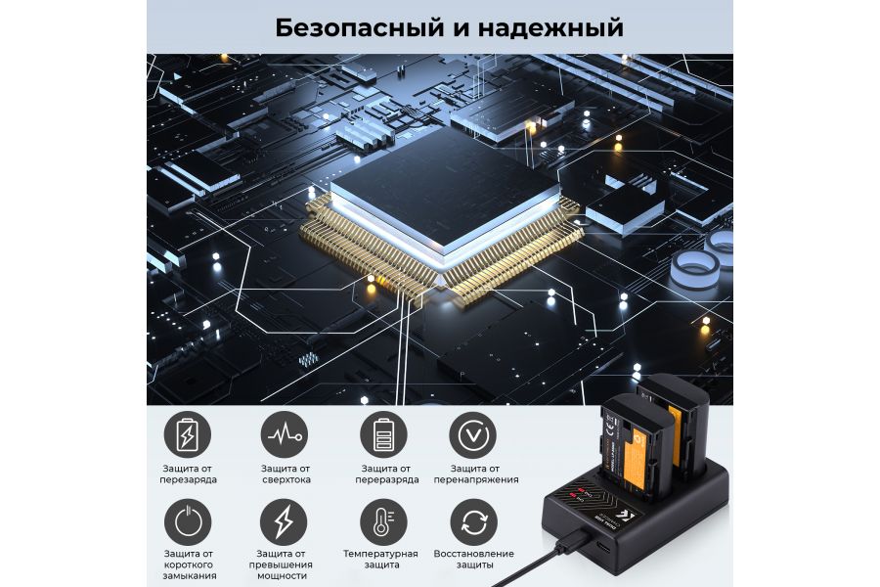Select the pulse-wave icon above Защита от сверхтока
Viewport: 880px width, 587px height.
[285, 433]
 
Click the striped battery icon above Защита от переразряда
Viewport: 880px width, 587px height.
[383, 433]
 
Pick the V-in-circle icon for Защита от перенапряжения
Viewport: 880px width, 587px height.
[472, 433]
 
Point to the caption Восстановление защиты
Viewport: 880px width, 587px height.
[473, 560]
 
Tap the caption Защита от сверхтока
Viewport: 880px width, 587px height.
[285, 474]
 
